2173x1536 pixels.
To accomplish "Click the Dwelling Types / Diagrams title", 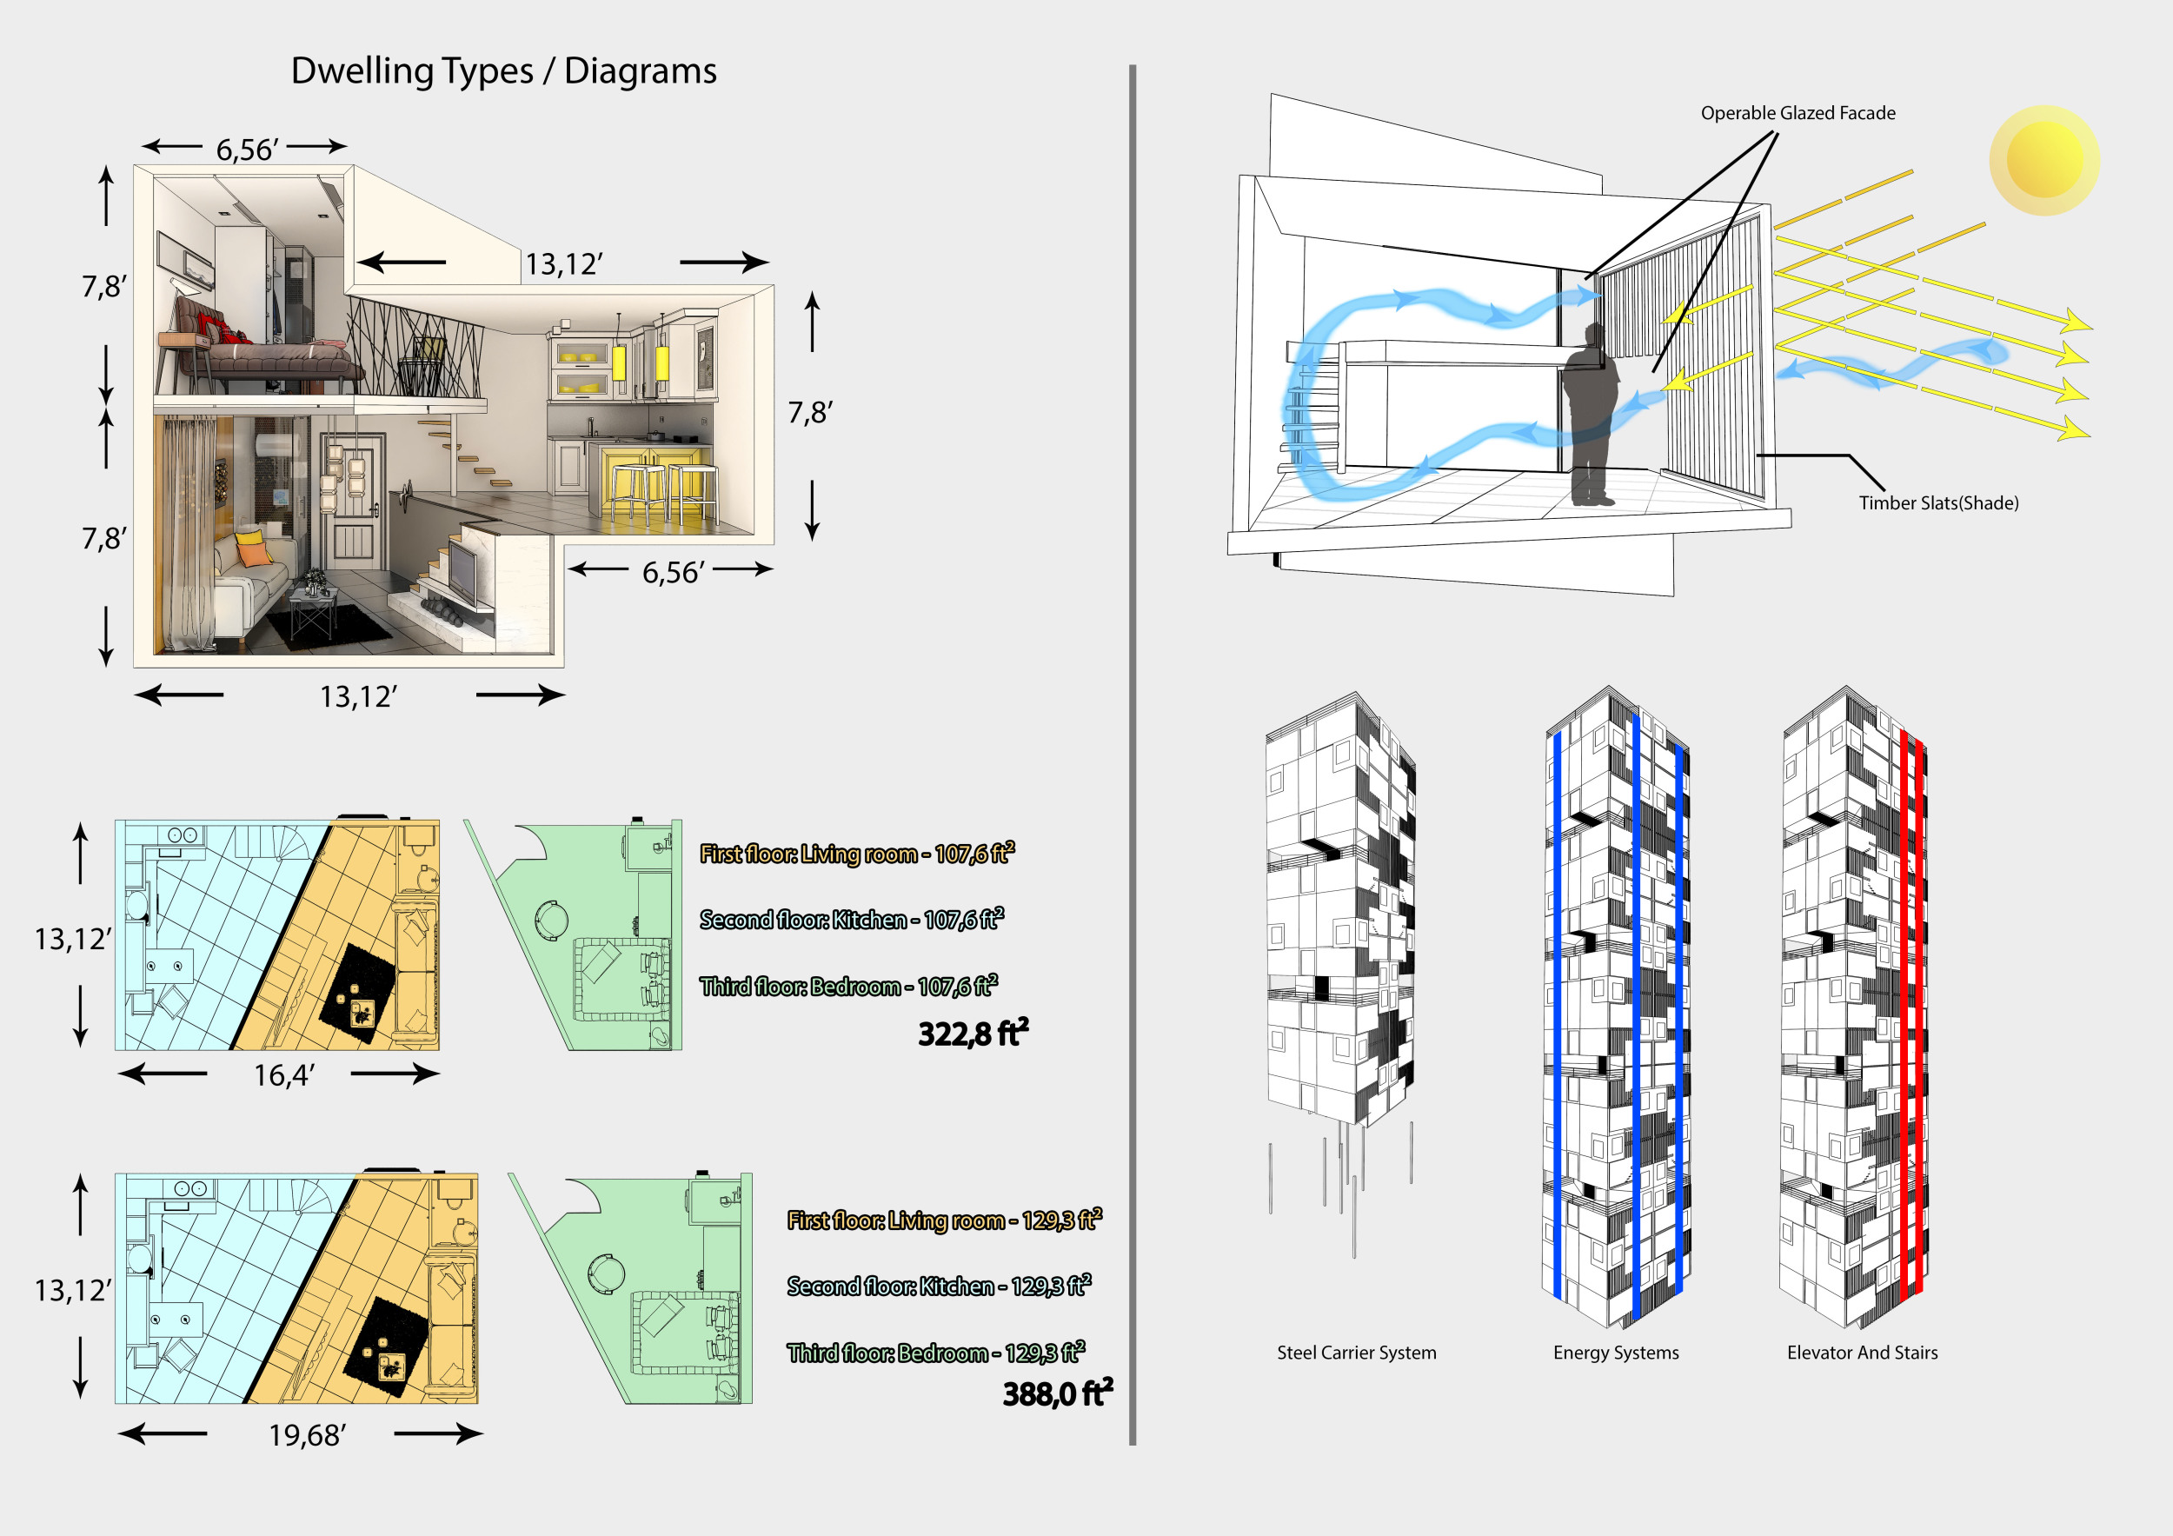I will [503, 71].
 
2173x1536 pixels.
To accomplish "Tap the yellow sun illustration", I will [2043, 160].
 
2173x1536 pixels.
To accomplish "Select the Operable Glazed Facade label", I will [1798, 114].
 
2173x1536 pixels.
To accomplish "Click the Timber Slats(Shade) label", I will [1938, 503].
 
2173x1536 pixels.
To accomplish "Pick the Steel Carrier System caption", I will [1356, 1353].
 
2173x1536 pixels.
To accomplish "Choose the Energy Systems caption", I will [1616, 1353].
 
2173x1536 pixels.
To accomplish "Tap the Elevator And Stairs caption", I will [1862, 1353].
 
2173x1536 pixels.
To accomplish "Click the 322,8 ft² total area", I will [972, 1034].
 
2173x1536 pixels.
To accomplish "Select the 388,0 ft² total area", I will [1056, 1394].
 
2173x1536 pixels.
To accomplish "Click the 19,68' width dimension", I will [307, 1436].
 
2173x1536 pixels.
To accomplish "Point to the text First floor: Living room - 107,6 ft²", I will [856, 854].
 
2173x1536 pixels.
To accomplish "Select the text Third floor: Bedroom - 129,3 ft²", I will [935, 1353].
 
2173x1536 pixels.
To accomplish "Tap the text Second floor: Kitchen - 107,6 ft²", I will [851, 920].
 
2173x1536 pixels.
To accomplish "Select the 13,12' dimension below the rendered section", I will [358, 697].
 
